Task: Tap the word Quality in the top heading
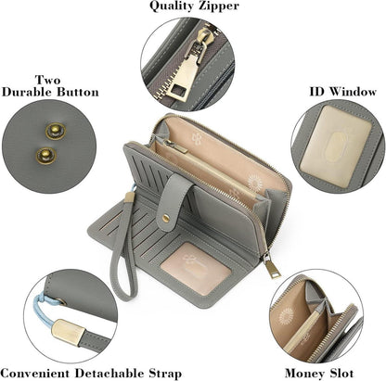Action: (169, 6)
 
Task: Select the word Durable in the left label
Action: (28, 92)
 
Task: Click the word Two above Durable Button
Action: (48, 80)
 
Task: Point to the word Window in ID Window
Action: (353, 92)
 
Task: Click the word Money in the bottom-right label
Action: (304, 374)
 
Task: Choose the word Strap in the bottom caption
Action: (165, 374)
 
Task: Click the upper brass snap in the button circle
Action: (56, 132)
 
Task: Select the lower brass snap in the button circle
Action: (46, 156)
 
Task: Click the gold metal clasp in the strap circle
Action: (67, 333)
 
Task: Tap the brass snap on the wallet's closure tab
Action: (166, 219)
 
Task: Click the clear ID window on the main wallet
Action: (196, 268)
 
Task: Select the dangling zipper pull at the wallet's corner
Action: (271, 266)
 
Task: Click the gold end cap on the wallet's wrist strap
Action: (130, 197)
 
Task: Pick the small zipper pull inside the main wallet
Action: (175, 146)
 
